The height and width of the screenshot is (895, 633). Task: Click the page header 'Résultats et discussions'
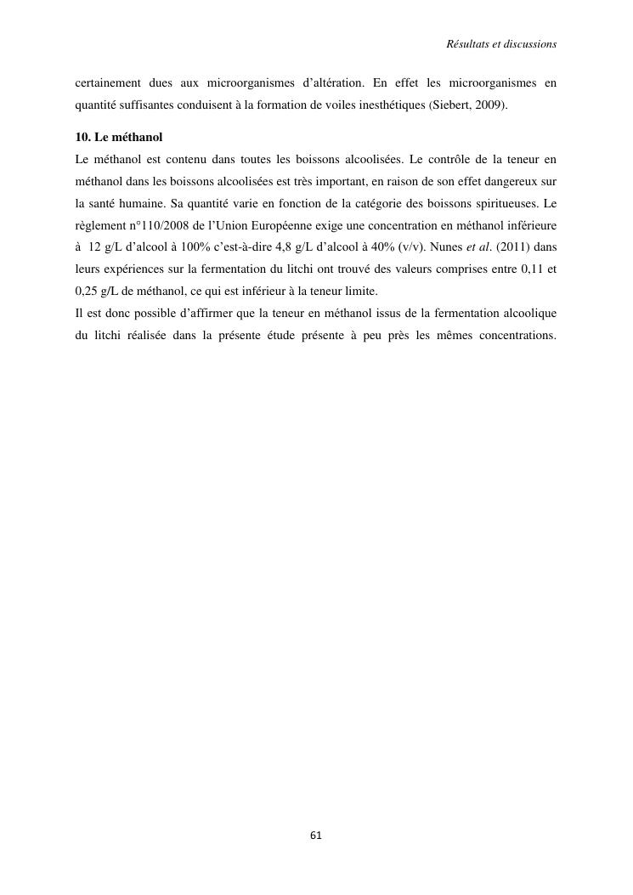pyautogui.click(x=501, y=42)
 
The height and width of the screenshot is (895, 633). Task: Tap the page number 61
pyautogui.click(x=316, y=835)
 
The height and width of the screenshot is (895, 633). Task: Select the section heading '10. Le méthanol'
pyautogui.click(x=119, y=137)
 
